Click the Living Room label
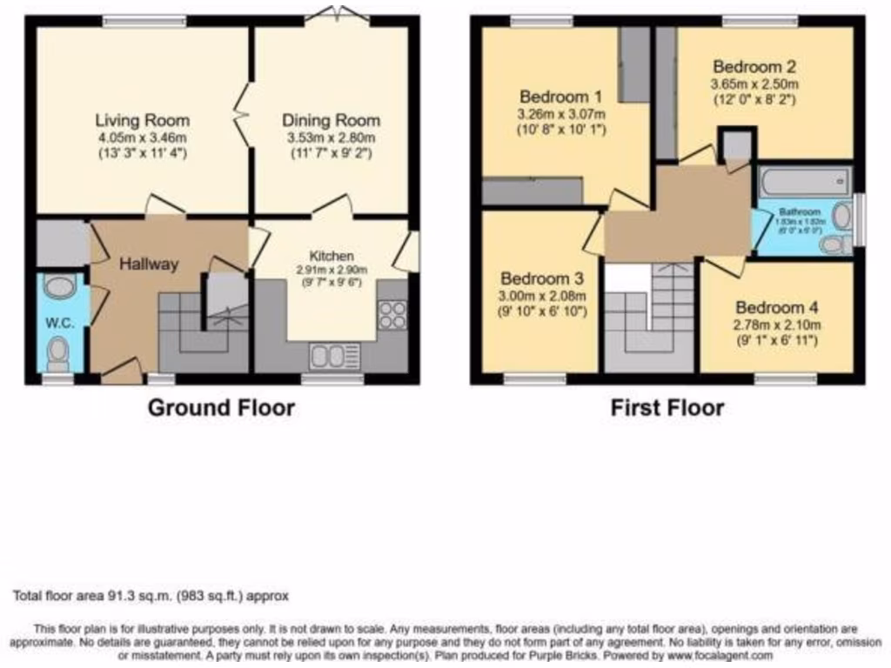click(x=142, y=120)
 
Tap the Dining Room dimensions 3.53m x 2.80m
click(x=331, y=137)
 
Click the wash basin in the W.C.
click(x=59, y=287)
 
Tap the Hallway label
click(x=148, y=264)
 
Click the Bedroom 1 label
click(x=561, y=97)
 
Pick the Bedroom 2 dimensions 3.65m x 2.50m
click(x=754, y=83)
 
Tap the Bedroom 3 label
click(x=541, y=279)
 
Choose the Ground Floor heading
click(x=221, y=407)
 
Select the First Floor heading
click(x=667, y=407)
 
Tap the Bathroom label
click(x=799, y=211)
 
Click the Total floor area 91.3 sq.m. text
click(x=151, y=597)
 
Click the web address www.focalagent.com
click(x=720, y=655)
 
